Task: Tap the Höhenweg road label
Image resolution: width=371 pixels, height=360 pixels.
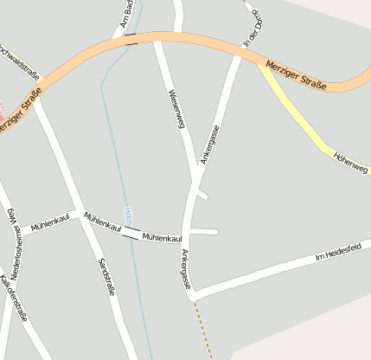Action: click(350, 163)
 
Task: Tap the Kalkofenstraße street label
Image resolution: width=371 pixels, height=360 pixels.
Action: click(15, 298)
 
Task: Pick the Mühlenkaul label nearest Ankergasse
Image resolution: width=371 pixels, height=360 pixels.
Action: click(162, 236)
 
